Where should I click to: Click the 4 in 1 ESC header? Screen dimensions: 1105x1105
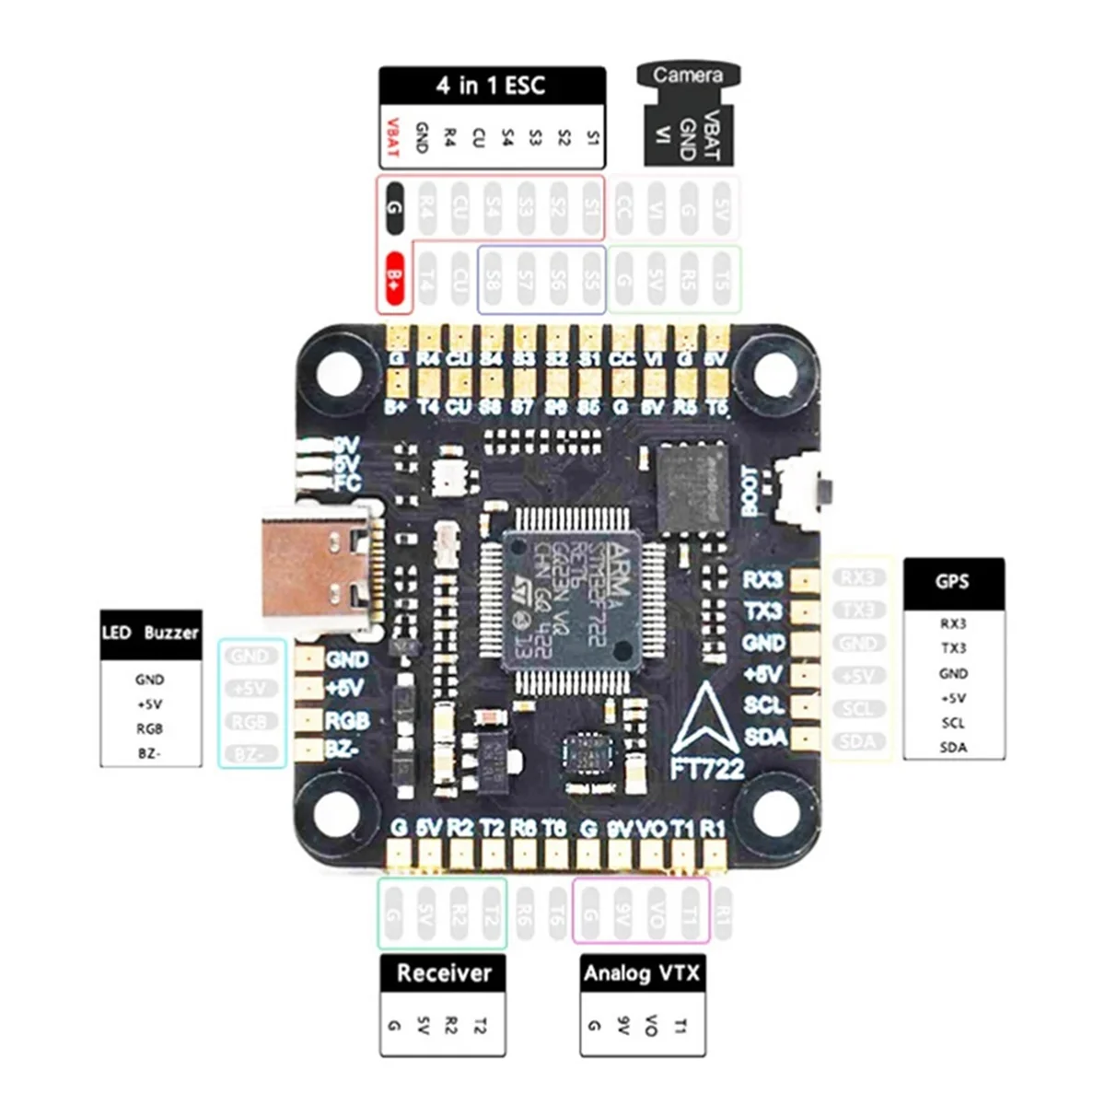tap(492, 86)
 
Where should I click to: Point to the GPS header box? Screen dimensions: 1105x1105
tap(952, 582)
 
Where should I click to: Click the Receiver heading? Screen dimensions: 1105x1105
tap(444, 973)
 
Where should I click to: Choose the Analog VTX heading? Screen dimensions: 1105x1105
tap(642, 973)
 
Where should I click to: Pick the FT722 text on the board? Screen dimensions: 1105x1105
tap(707, 767)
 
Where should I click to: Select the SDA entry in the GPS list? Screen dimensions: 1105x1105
tap(953, 747)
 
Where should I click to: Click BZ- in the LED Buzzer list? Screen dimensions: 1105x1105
tap(149, 753)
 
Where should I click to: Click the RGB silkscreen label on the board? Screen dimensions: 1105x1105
tap(347, 720)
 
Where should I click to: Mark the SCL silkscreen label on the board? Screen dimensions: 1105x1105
tap(763, 705)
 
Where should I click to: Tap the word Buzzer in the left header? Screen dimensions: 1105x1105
tap(171, 634)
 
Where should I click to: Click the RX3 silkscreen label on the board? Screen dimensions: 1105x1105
tap(762, 580)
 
